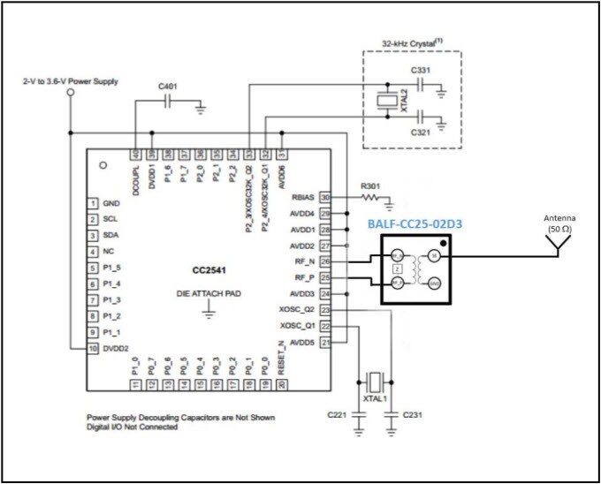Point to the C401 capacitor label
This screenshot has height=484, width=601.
pos(168,87)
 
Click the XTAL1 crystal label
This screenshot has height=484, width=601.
pos(375,400)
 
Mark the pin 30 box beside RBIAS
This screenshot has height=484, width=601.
pos(325,198)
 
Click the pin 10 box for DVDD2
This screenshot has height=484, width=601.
pos(92,350)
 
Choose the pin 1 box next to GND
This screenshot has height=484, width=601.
pos(92,203)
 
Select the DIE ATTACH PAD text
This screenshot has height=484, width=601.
pos(209,292)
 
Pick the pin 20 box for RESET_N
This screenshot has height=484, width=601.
pos(282,385)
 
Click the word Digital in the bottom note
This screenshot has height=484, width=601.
pos(100,427)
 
